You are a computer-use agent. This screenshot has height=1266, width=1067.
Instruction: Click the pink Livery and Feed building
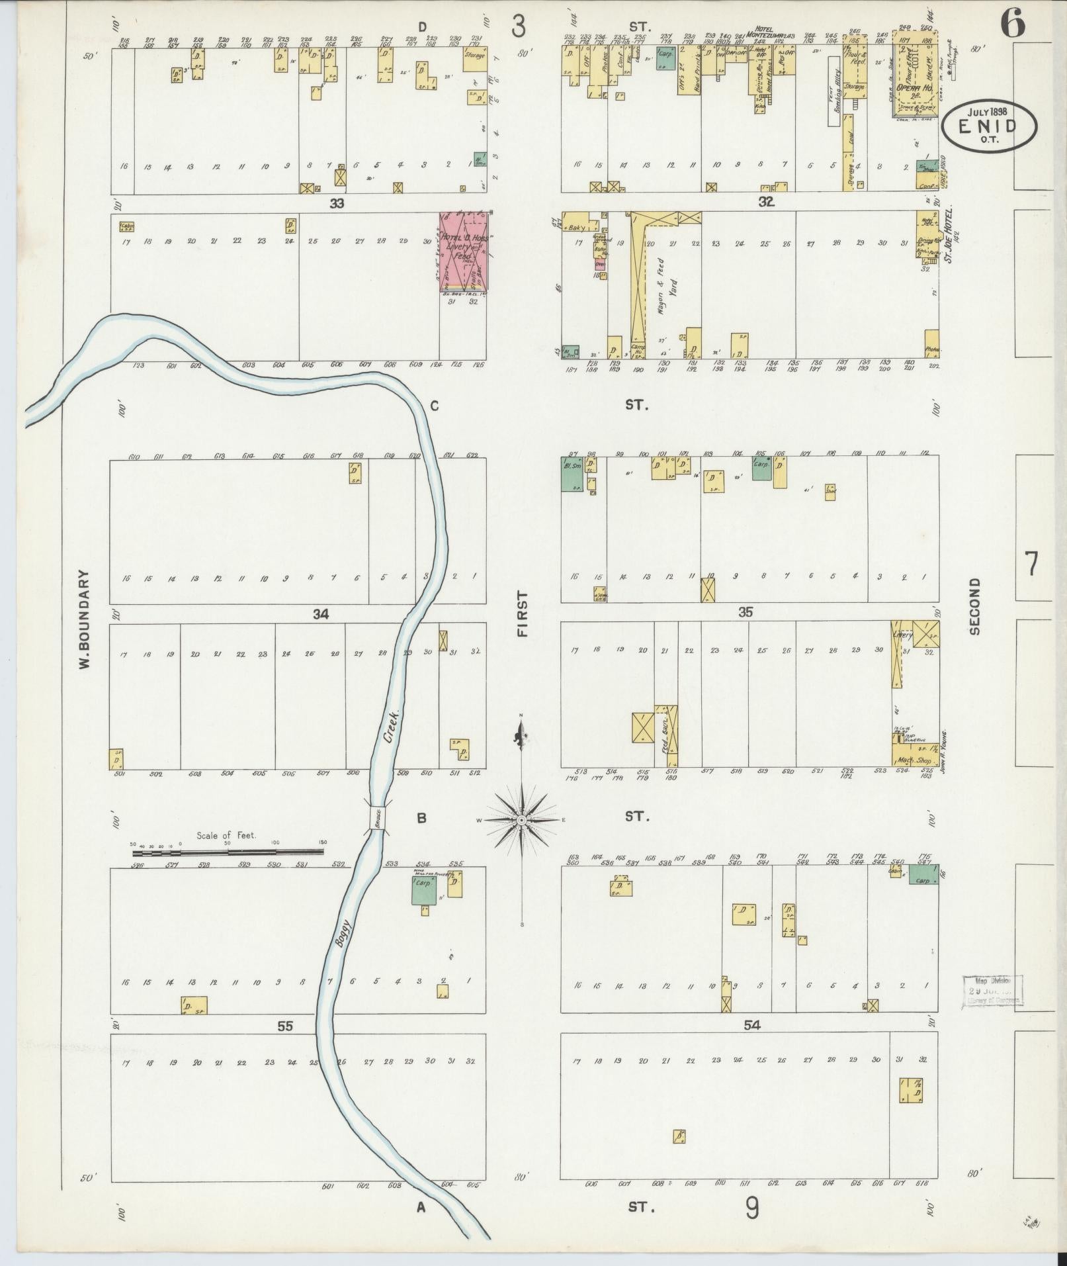click(463, 252)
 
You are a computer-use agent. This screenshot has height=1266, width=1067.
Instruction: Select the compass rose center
click(522, 820)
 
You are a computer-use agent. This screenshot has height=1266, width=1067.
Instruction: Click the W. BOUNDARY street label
click(84, 619)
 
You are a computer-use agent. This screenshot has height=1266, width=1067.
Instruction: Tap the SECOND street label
click(974, 605)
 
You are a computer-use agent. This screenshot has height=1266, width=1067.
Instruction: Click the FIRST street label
click(523, 613)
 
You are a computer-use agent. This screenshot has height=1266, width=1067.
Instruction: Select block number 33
click(337, 204)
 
